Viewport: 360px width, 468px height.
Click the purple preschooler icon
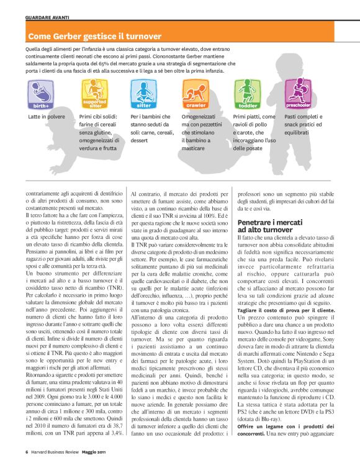(x=299, y=93)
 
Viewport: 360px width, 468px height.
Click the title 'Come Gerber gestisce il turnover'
(x=94, y=37)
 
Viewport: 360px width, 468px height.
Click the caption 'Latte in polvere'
(x=47, y=117)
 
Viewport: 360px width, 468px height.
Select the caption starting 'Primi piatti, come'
(x=254, y=117)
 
